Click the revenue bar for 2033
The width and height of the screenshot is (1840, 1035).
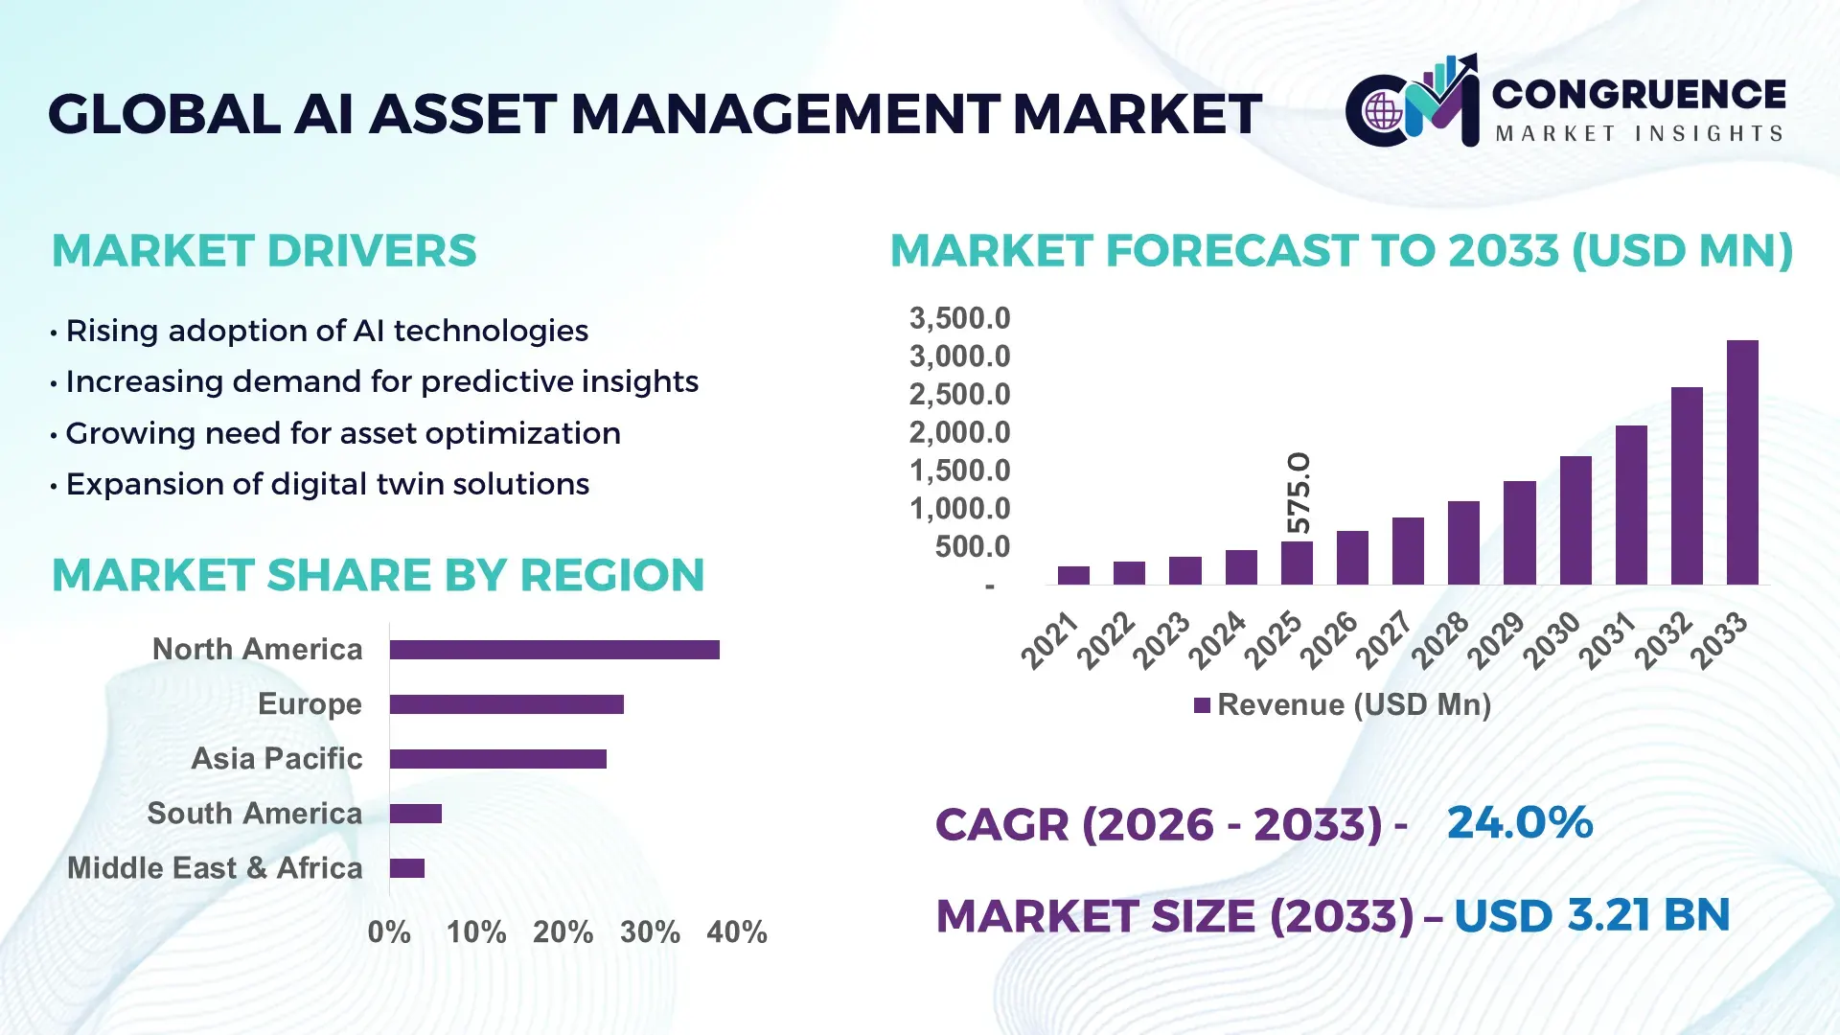pos(1742,462)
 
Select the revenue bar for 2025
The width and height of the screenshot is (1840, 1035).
pos(1297,563)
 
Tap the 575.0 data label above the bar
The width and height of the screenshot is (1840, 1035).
pos(1299,493)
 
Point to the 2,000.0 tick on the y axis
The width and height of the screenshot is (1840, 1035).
pos(959,432)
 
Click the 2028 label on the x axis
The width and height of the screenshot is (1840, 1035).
pos(1439,639)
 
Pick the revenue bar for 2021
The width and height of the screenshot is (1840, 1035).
pos(1073,575)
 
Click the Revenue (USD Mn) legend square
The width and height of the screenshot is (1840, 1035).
pos(1202,705)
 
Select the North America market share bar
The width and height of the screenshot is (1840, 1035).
pos(554,650)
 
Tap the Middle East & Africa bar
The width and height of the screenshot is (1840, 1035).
pos(407,868)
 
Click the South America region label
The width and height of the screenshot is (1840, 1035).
pos(255,814)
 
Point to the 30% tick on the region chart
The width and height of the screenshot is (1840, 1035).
pos(650,932)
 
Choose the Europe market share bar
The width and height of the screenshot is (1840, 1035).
pos(506,704)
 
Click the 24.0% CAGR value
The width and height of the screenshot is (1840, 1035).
pos(1519,822)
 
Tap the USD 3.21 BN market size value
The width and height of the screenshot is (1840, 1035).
pos(1591,915)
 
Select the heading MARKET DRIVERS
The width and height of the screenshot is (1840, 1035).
pos(264,251)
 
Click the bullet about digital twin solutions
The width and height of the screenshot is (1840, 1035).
pos(327,484)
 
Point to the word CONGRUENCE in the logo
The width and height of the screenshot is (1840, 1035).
pos(1639,94)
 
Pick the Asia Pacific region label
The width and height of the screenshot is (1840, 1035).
pos(276,759)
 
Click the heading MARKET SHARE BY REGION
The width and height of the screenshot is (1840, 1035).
pos(378,575)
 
